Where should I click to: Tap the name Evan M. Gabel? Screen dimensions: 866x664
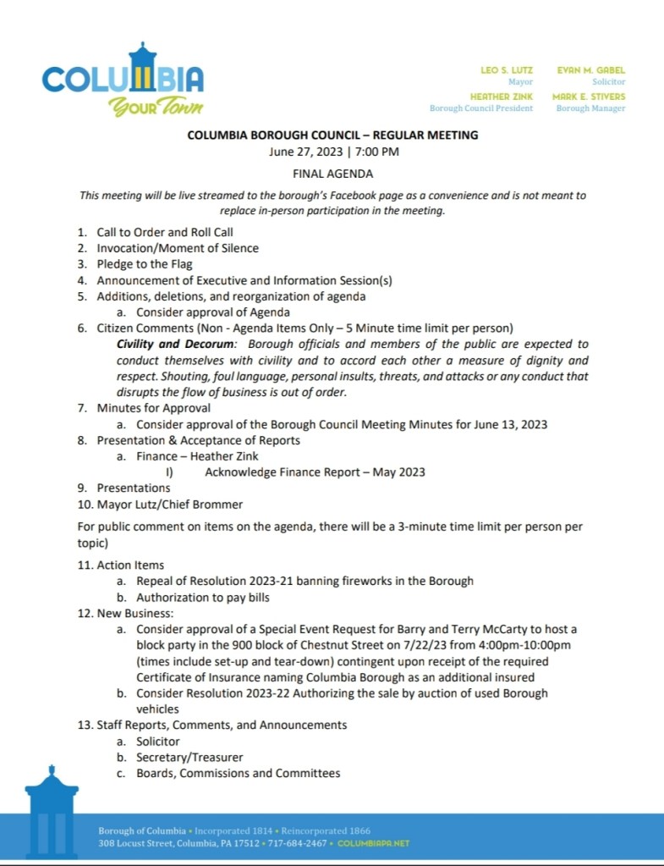pyautogui.click(x=590, y=69)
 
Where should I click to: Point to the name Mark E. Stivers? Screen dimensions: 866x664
pyautogui.click(x=589, y=97)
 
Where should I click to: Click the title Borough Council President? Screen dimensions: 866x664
pyautogui.click(x=481, y=108)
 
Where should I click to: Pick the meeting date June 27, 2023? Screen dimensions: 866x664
pyautogui.click(x=303, y=152)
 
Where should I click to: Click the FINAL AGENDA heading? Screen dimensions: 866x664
pyautogui.click(x=332, y=174)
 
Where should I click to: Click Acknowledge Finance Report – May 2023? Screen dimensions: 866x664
pyautogui.click(x=315, y=472)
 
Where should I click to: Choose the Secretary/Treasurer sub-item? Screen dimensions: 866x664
pyautogui.click(x=189, y=757)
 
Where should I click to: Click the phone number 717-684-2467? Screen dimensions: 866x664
pyautogui.click(x=301, y=844)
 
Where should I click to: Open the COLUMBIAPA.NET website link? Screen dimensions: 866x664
pyautogui.click(x=374, y=844)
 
